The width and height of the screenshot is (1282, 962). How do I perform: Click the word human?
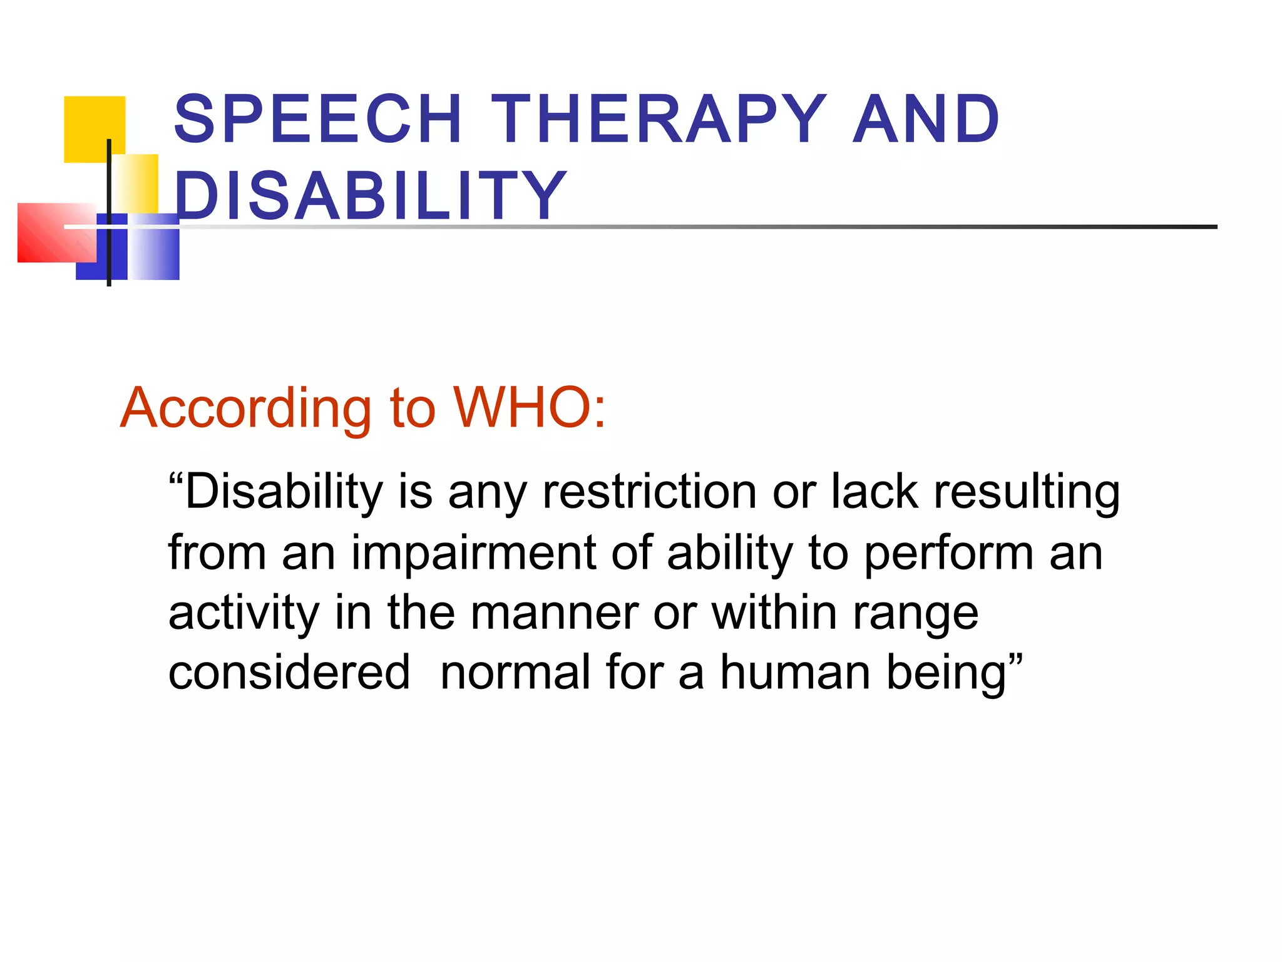pos(796,673)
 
